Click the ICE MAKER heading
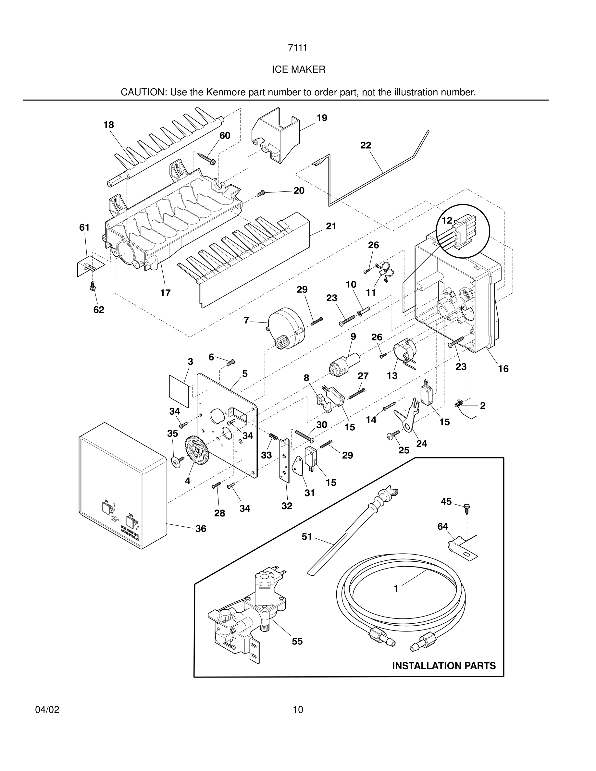coord(298,69)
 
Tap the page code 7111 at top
coord(298,48)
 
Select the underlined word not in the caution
coord(368,92)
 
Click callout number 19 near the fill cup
coord(321,118)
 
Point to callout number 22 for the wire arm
coord(366,145)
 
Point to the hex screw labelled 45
coord(467,508)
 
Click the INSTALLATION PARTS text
coord(443,666)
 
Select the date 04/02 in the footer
coord(47,710)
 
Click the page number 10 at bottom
coord(298,710)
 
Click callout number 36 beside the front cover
coord(201,529)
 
